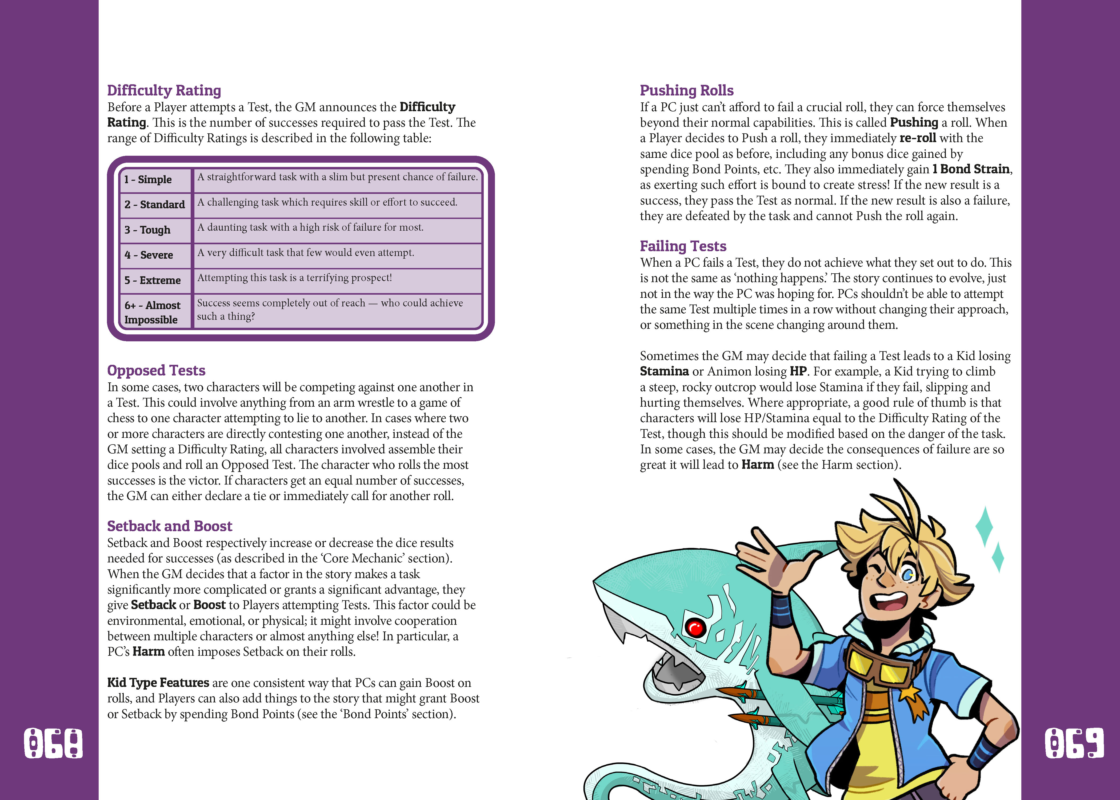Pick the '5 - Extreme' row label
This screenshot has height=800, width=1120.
pos(153,280)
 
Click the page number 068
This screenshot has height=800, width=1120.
pos(53,743)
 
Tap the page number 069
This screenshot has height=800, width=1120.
pos(1074,743)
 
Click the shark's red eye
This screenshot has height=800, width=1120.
pos(695,627)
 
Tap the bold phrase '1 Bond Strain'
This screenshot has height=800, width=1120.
pos(971,169)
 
